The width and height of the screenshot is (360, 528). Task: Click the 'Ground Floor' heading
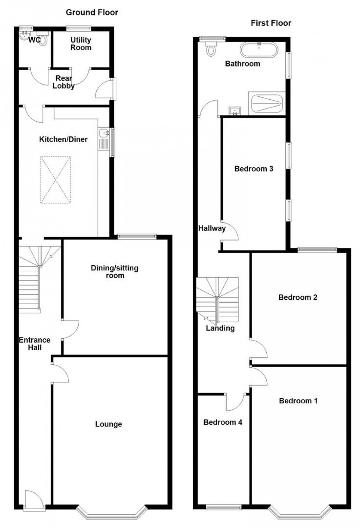pyautogui.click(x=92, y=13)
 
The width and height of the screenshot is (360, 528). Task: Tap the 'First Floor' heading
pyautogui.click(x=271, y=23)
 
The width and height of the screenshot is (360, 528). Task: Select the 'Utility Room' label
pyautogui.click(x=81, y=44)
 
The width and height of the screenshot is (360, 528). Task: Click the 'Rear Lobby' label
pyautogui.click(x=64, y=82)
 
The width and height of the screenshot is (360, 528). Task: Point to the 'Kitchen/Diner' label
pyautogui.click(x=64, y=139)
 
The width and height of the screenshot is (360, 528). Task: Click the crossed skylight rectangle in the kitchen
pyautogui.click(x=55, y=180)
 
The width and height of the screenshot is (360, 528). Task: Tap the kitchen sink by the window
pyautogui.click(x=103, y=133)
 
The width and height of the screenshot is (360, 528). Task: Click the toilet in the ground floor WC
pyautogui.click(x=44, y=39)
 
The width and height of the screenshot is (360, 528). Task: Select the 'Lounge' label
pyautogui.click(x=108, y=424)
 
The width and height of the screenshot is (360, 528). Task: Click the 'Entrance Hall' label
pyautogui.click(x=35, y=344)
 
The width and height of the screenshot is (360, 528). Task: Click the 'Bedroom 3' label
pyautogui.click(x=254, y=169)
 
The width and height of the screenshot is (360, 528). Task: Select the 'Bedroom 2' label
pyautogui.click(x=298, y=297)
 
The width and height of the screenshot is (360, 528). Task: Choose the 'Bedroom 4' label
pyautogui.click(x=223, y=422)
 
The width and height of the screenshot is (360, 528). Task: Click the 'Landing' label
pyautogui.click(x=220, y=328)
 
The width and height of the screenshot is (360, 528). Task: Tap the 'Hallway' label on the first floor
pyautogui.click(x=212, y=228)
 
